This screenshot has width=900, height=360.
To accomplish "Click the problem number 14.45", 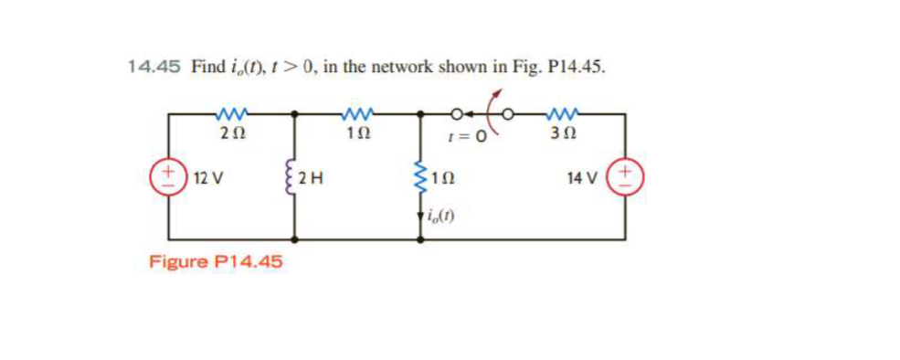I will click(x=154, y=67).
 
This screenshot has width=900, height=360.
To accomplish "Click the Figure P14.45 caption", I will click(x=216, y=262).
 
